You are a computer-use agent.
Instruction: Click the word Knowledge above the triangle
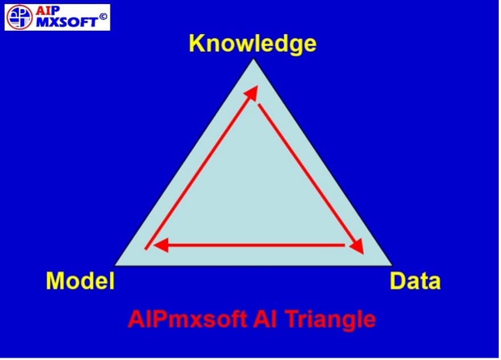click(253, 44)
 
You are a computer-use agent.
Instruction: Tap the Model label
click(80, 281)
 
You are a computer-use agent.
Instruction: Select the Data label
click(415, 281)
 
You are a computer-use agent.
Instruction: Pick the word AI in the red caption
click(265, 319)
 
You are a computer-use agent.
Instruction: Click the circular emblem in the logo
click(19, 17)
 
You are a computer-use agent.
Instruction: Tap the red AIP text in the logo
click(47, 11)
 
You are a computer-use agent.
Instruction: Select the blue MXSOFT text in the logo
click(67, 22)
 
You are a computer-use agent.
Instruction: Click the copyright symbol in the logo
click(103, 16)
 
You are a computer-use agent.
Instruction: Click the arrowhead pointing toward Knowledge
click(252, 92)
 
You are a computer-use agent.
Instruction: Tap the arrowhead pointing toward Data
click(357, 246)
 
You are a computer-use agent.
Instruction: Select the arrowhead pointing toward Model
click(161, 246)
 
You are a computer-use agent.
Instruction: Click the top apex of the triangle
click(253, 59)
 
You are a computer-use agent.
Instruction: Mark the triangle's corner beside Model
click(116, 265)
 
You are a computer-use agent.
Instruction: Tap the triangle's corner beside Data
click(392, 265)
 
